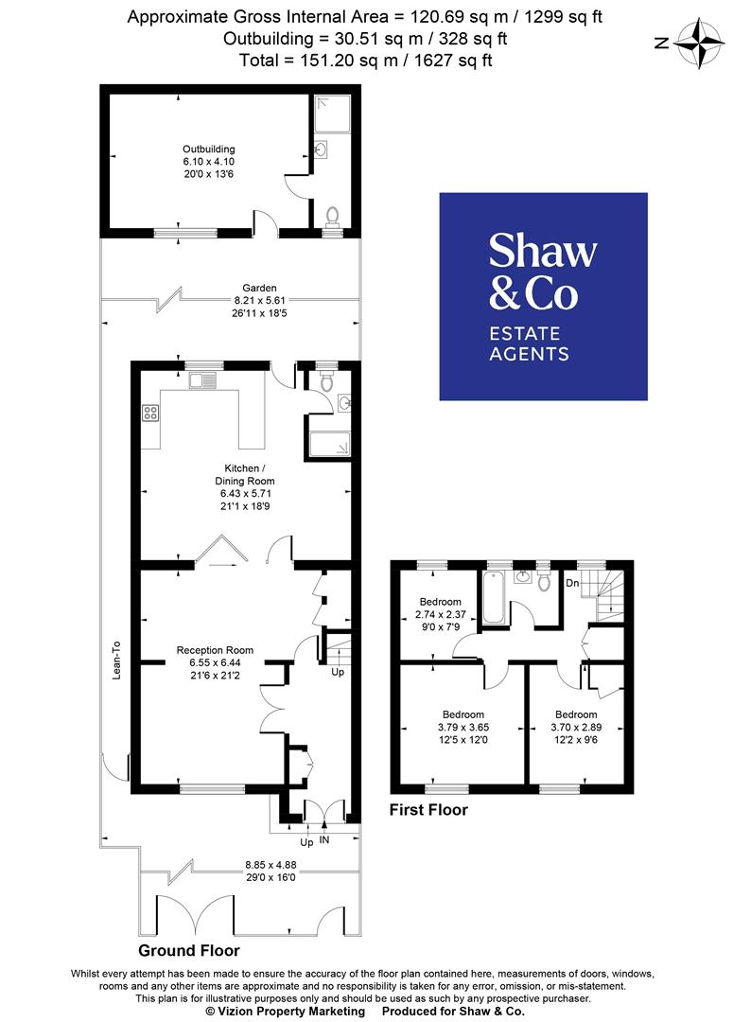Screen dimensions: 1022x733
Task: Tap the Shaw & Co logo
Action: tap(543, 295)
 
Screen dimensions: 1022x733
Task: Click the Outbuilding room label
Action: tap(209, 149)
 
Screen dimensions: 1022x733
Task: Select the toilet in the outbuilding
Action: tap(331, 216)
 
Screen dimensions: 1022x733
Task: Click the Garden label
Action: tap(259, 288)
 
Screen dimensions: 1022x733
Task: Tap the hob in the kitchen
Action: tap(150, 413)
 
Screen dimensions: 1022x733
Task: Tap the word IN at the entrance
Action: tap(325, 840)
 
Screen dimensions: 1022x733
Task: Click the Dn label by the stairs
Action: tap(572, 584)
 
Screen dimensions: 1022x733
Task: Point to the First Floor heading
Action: tap(429, 810)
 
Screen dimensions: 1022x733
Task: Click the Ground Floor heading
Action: tap(189, 950)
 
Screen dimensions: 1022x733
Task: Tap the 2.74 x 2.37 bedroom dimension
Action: tap(441, 614)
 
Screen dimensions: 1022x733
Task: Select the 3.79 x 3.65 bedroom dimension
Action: tap(463, 727)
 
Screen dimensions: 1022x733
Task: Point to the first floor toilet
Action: tap(543, 580)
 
